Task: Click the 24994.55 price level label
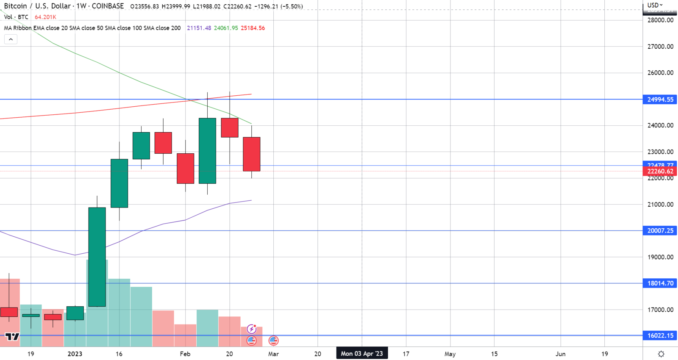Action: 660,100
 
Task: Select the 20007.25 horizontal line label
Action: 660,231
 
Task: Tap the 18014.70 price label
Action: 660,283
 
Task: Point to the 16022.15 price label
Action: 660,336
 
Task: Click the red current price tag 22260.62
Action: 660,172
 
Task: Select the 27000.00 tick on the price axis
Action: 660,47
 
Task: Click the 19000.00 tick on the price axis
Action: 660,257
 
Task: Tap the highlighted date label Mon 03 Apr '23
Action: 361,354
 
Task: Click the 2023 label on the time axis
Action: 75,354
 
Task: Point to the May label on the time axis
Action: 450,354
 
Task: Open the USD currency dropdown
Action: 655,5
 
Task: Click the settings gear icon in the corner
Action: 661,354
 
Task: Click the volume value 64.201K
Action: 45,17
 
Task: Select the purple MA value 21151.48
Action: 199,28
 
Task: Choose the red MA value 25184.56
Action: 253,28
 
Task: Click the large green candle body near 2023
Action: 97,257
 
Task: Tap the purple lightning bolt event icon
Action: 252,329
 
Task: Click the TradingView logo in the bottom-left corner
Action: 12,337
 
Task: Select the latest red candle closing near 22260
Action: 252,154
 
